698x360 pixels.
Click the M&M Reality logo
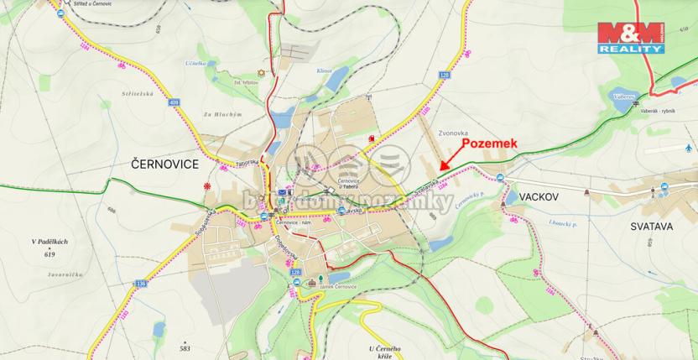pos(630,38)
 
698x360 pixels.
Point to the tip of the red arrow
pos(441,170)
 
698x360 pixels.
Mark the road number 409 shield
pos(174,102)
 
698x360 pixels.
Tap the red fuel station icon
pos(371,138)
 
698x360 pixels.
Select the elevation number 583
pos(185,347)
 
